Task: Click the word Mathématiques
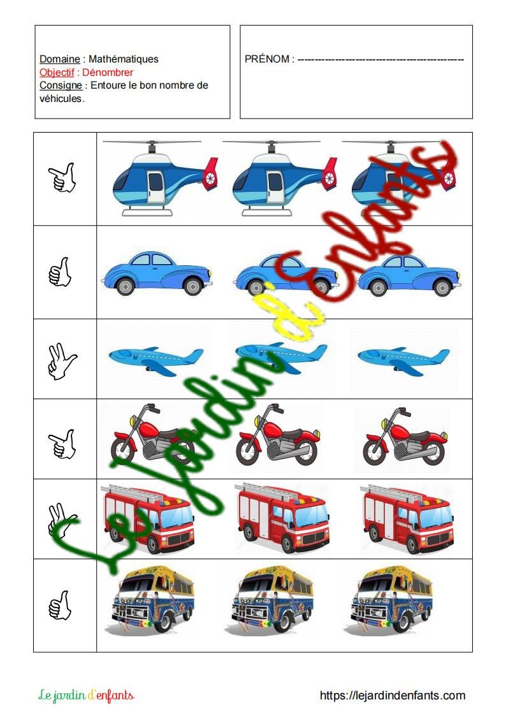(123, 59)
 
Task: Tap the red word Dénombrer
(108, 72)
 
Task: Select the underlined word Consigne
(61, 85)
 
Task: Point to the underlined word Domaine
(60, 59)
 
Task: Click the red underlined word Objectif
(57, 72)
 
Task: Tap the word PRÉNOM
(267, 59)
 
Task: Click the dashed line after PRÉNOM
(381, 59)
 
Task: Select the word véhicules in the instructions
(61, 98)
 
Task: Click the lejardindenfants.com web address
(393, 696)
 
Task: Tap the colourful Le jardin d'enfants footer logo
(86, 695)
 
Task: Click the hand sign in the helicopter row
(62, 178)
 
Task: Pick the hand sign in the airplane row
(62, 362)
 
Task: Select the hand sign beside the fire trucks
(62, 520)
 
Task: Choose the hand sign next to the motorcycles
(62, 443)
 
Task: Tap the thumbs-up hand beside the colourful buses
(61, 605)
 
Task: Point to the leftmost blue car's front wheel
(192, 287)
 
